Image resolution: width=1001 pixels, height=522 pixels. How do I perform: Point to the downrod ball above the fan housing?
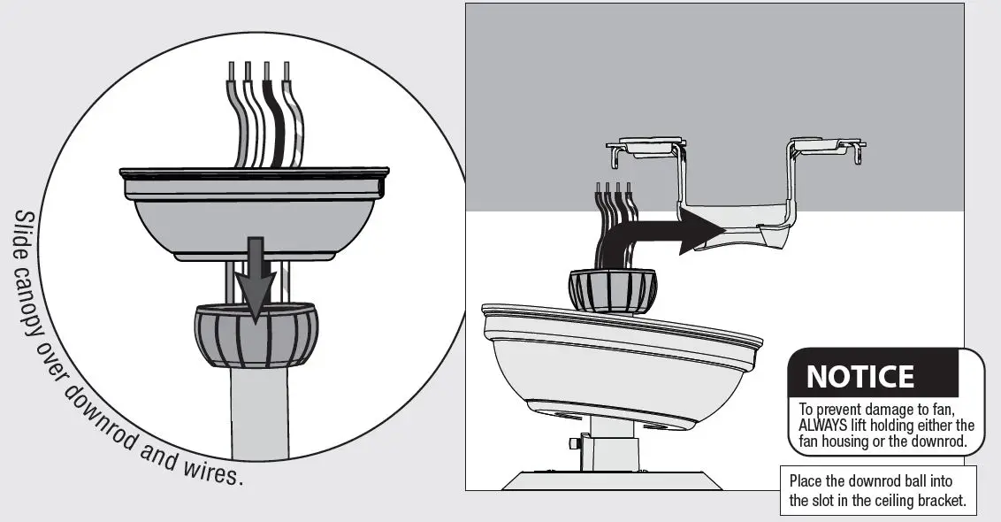611,289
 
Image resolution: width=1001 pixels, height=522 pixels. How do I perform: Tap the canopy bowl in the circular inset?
254,217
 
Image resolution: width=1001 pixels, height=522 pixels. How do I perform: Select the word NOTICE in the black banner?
860,377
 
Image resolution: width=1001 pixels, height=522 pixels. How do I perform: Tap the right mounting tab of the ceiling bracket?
827,145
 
